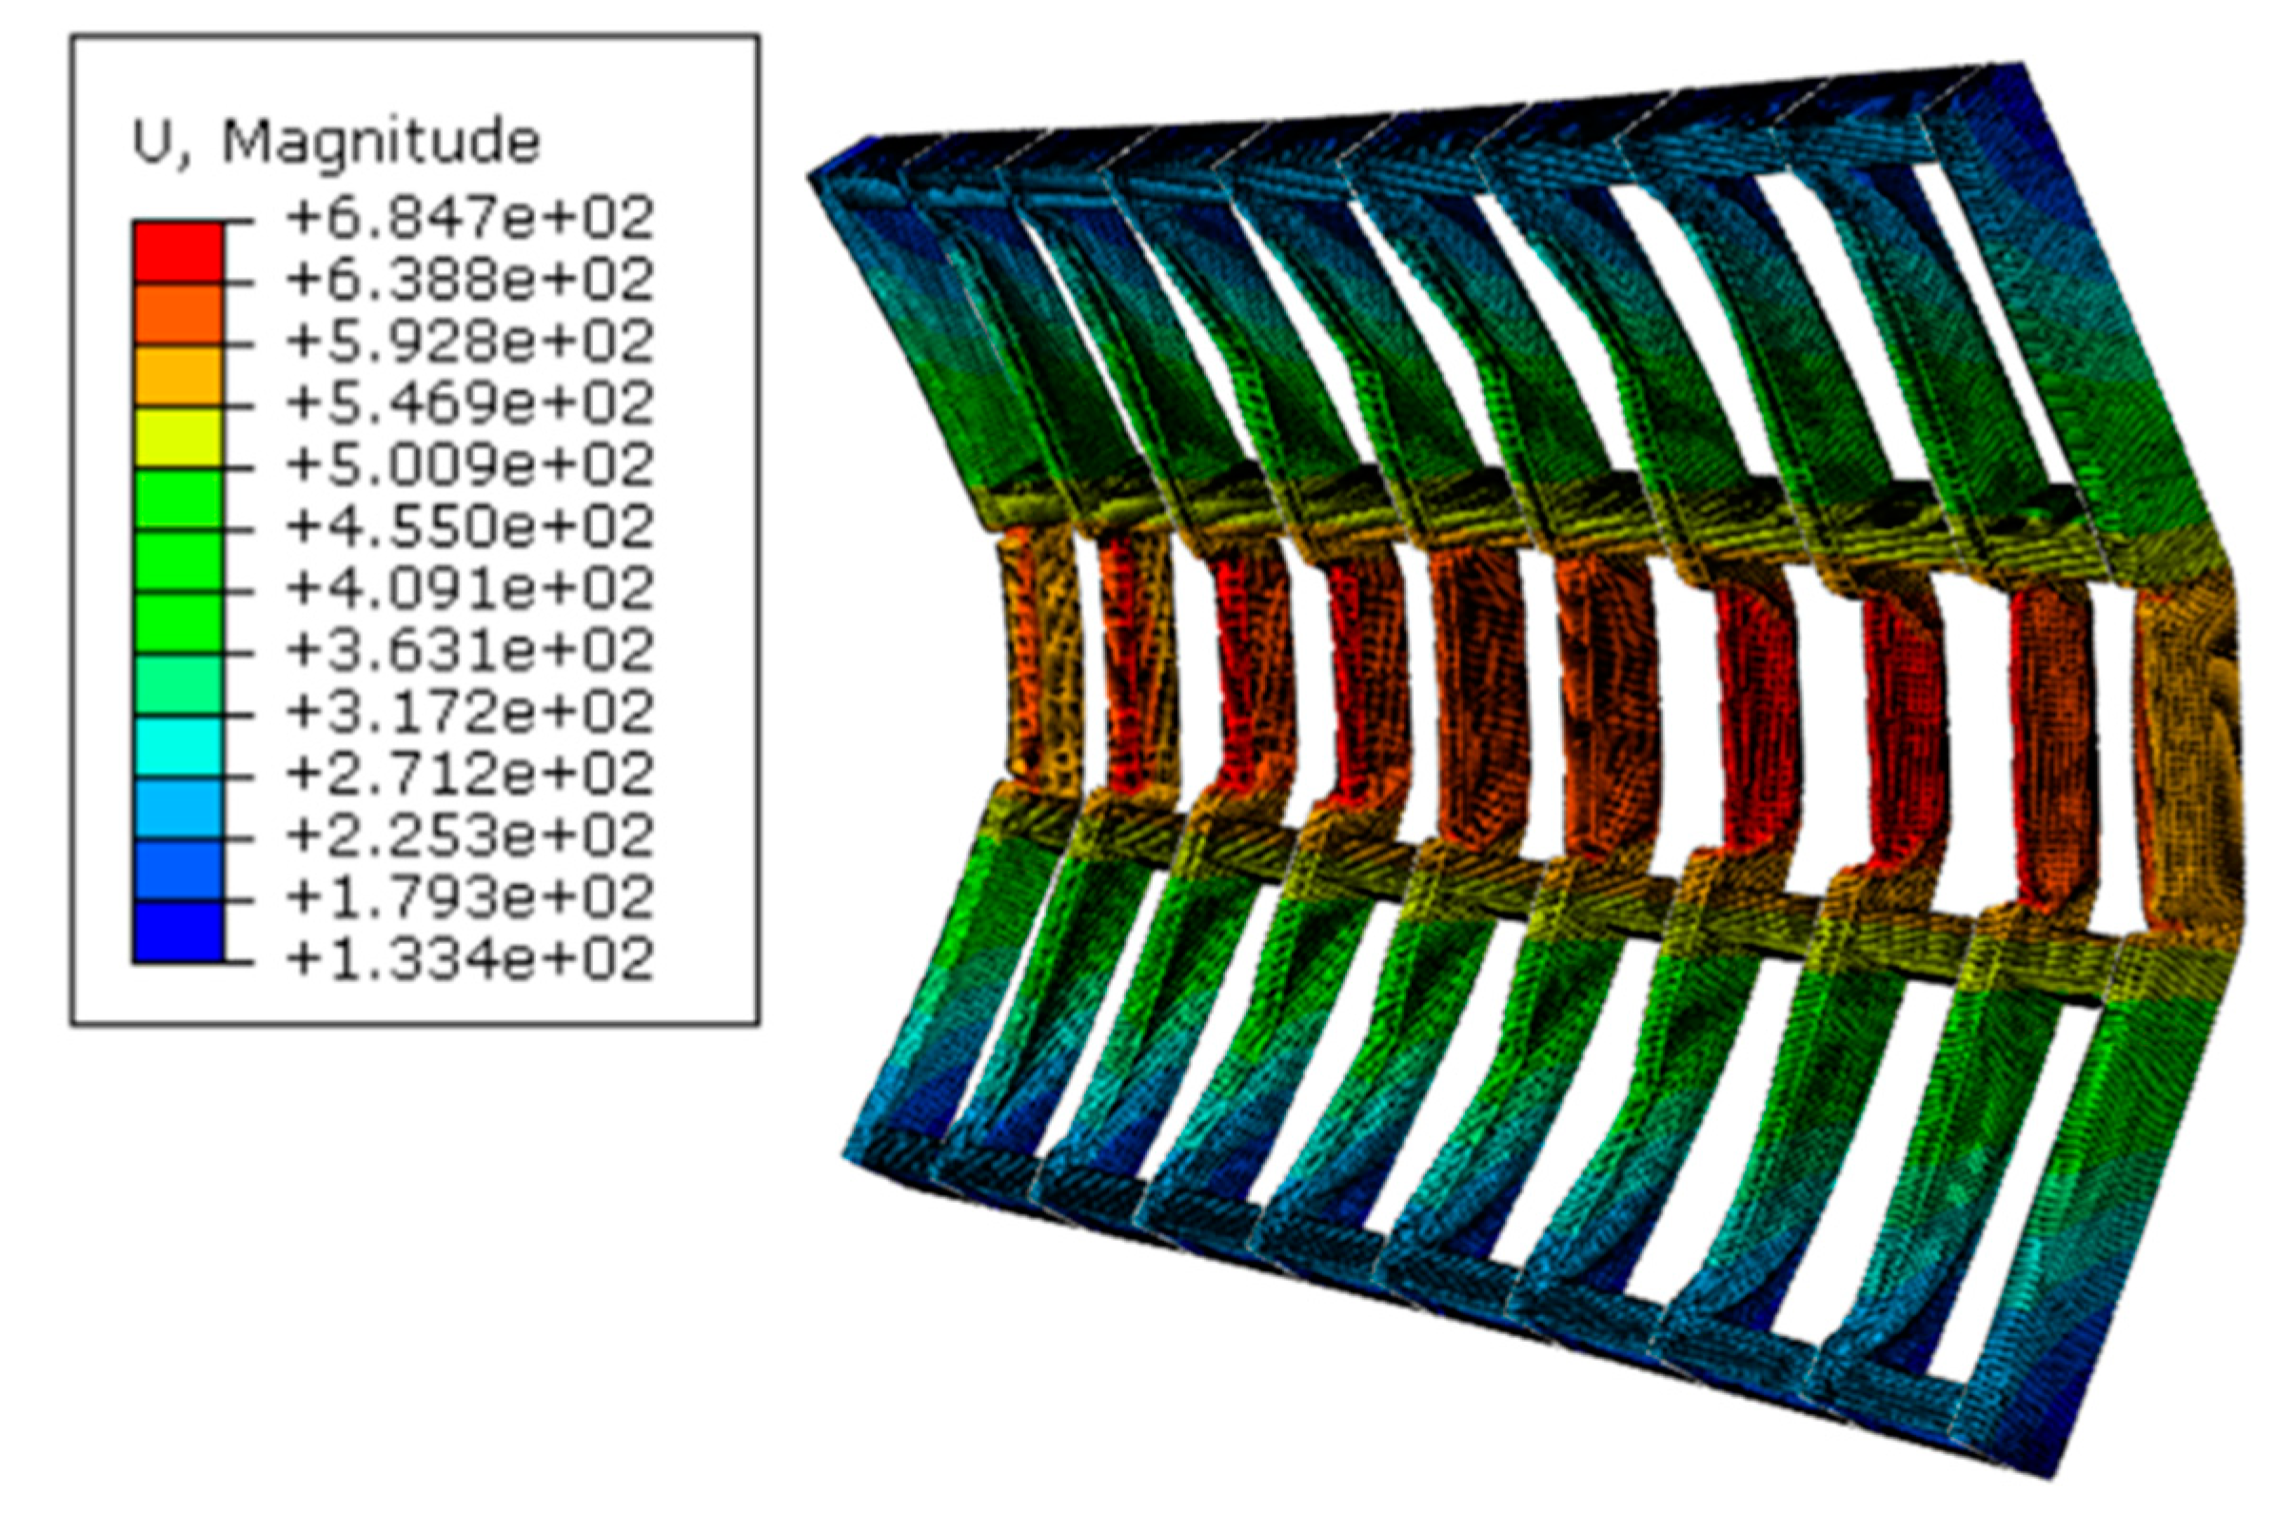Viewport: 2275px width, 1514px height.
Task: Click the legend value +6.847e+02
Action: [x=469, y=219]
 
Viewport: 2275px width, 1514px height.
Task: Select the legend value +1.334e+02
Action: [x=469, y=960]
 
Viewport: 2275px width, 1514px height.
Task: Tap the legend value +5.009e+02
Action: [x=469, y=466]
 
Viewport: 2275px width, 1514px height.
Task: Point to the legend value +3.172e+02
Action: [x=469, y=714]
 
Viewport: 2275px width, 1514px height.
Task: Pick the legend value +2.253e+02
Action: [x=469, y=836]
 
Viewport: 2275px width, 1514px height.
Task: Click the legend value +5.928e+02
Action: [x=469, y=343]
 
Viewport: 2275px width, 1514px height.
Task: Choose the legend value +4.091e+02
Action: [x=469, y=590]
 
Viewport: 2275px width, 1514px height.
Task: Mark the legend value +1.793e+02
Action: [x=469, y=898]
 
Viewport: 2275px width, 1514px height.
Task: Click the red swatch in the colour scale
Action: [x=178, y=252]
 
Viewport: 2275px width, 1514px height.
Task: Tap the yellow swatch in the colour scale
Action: [x=178, y=439]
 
